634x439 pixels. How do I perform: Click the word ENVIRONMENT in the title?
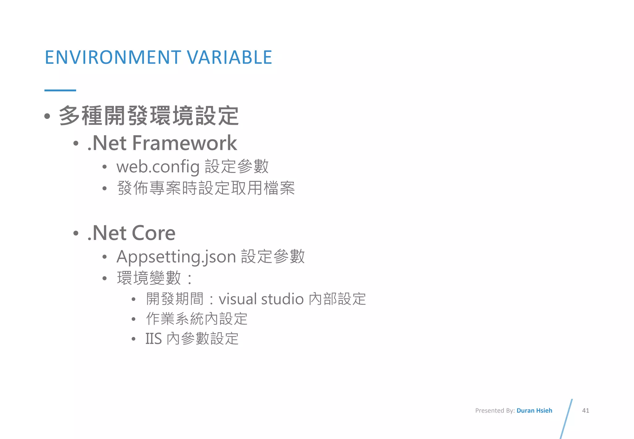[x=113, y=57]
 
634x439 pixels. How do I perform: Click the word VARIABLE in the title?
[x=229, y=57]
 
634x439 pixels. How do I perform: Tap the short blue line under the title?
[x=60, y=90]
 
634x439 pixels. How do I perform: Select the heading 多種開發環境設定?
[x=149, y=116]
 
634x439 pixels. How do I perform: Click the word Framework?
[x=185, y=143]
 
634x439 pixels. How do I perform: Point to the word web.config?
[x=158, y=167]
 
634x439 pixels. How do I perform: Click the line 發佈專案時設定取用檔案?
[x=206, y=188]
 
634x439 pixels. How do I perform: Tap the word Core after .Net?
[x=154, y=233]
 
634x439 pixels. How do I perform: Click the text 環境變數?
[x=149, y=278]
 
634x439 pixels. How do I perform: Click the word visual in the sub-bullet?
[x=237, y=299]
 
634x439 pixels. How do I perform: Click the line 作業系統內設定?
[x=197, y=319]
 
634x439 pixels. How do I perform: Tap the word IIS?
[x=154, y=339]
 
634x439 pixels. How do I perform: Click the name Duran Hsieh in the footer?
[x=534, y=411]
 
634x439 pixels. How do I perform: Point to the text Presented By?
[x=495, y=411]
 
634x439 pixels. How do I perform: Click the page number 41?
[x=585, y=411]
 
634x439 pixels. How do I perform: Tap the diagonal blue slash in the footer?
[x=566, y=419]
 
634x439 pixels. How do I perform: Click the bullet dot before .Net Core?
[x=76, y=233]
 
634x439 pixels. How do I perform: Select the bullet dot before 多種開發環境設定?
[x=47, y=116]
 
